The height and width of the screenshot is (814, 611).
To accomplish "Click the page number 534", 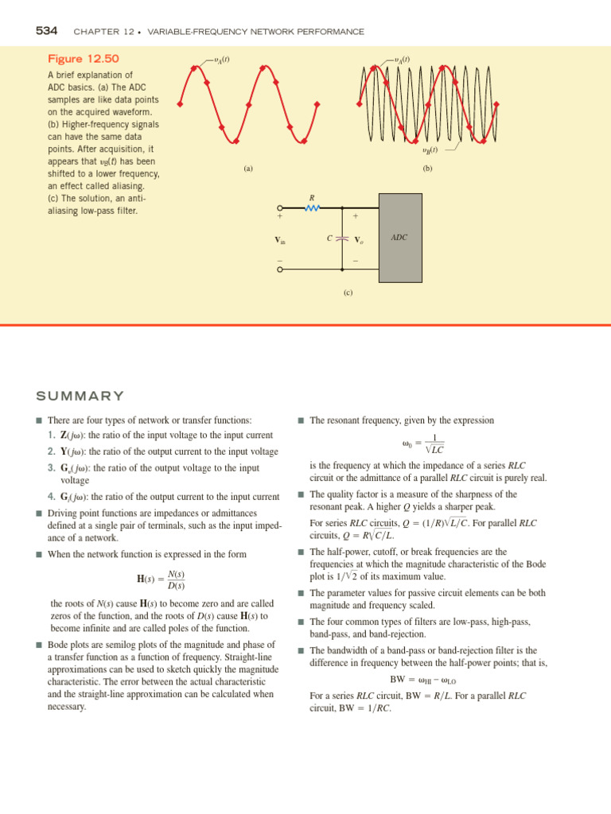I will (x=47, y=31).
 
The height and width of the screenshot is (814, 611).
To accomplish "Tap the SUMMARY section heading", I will (x=80, y=396).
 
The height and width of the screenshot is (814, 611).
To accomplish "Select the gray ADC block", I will (x=400, y=238).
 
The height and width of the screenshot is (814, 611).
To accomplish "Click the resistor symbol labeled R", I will (x=312, y=209).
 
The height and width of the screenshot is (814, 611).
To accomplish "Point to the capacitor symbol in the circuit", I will (x=342, y=238).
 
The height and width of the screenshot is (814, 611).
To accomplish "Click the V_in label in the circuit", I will (x=279, y=239).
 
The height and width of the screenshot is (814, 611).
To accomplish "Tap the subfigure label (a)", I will (x=248, y=169).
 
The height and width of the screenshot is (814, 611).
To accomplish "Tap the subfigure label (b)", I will (x=428, y=169).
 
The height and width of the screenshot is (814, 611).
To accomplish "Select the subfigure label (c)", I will (x=348, y=293).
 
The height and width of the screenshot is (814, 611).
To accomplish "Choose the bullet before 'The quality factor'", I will (x=301, y=494).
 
